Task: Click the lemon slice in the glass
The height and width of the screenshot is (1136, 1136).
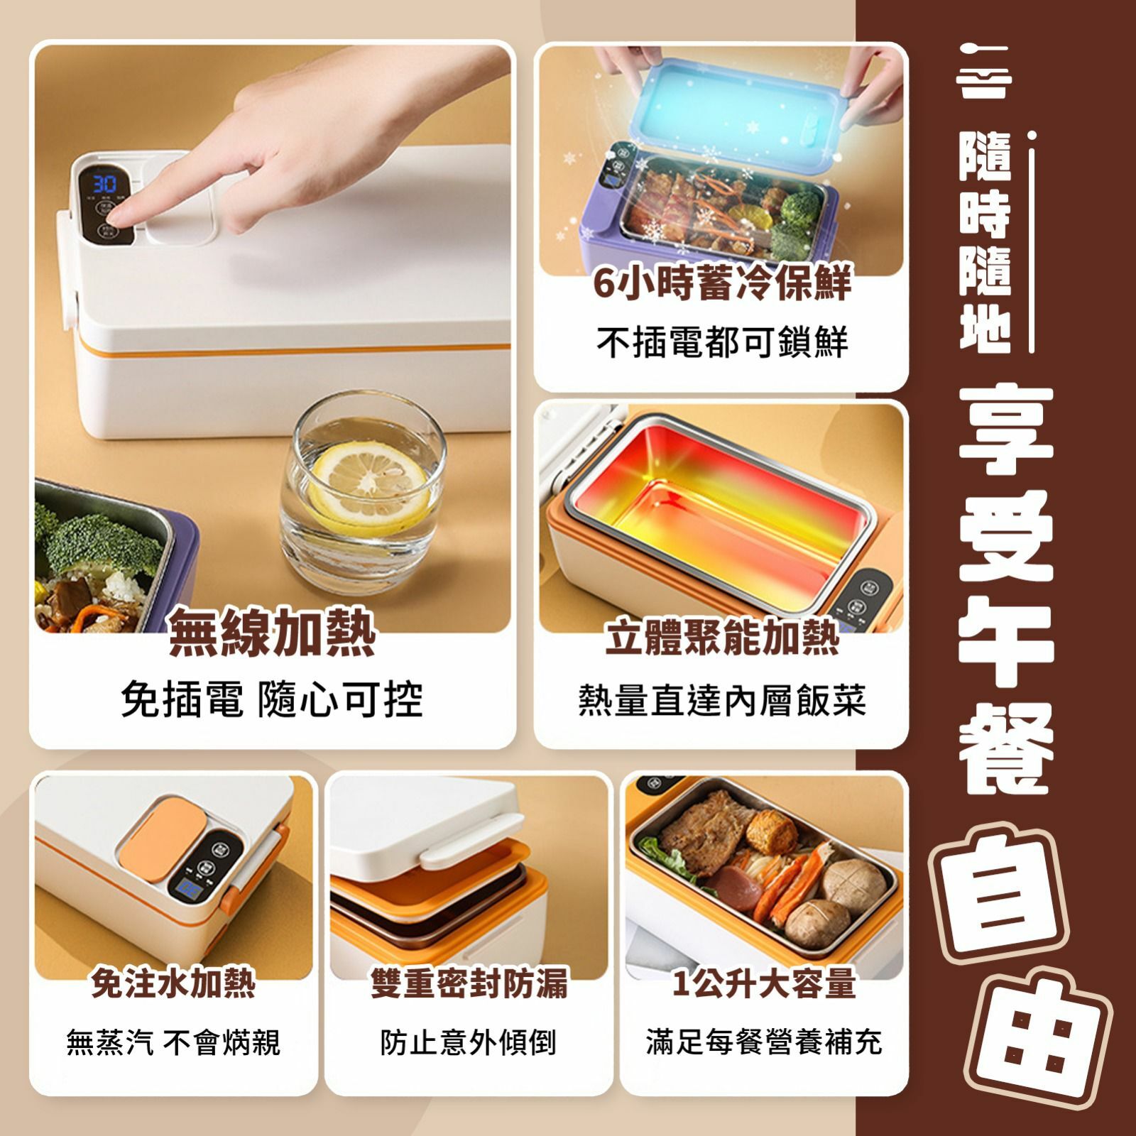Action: pyautogui.click(x=370, y=479)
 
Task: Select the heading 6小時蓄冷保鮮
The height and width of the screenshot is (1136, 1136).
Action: pyautogui.click(x=721, y=283)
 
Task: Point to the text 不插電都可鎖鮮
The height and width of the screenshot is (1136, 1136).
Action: pyautogui.click(x=721, y=342)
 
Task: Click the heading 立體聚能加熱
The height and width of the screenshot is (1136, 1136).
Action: pyautogui.click(x=721, y=636)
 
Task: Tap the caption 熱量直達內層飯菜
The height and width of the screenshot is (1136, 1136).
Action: pyautogui.click(x=721, y=700)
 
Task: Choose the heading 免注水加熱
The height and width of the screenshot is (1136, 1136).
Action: pyautogui.click(x=173, y=983)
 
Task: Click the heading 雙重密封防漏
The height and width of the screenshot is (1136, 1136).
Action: pyautogui.click(x=469, y=983)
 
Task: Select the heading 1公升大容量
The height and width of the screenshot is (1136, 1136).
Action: pyautogui.click(x=764, y=983)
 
